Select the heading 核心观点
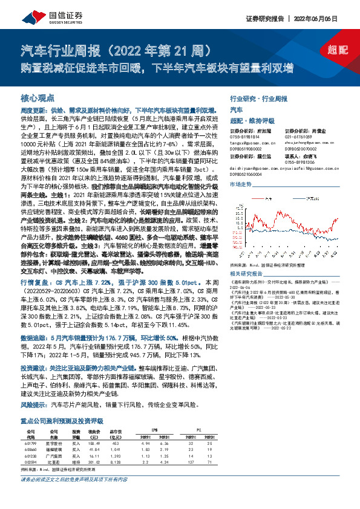(38, 97)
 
